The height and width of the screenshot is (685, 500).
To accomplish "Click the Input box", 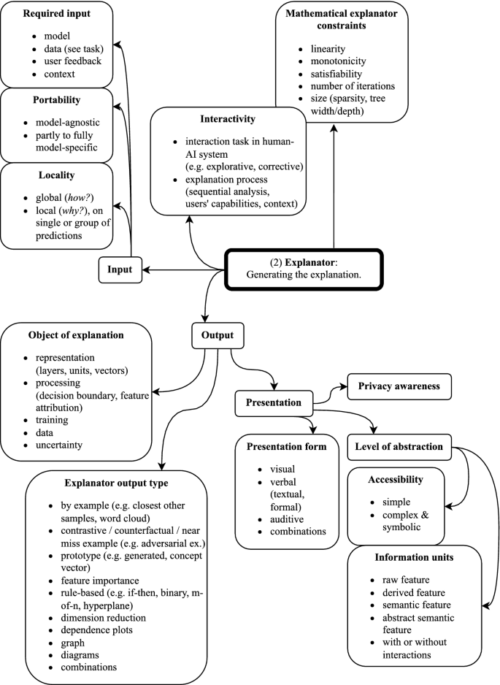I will pyautogui.click(x=120, y=269).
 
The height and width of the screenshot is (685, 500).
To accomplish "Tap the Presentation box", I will pyautogui.click(x=272, y=402).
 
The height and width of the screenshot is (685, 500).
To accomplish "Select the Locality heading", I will pyautogui.click(x=55, y=176).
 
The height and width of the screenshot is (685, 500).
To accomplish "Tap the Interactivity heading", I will pyautogui.click(x=227, y=119).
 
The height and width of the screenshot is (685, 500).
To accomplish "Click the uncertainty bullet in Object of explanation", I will pyautogui.click(x=57, y=445).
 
